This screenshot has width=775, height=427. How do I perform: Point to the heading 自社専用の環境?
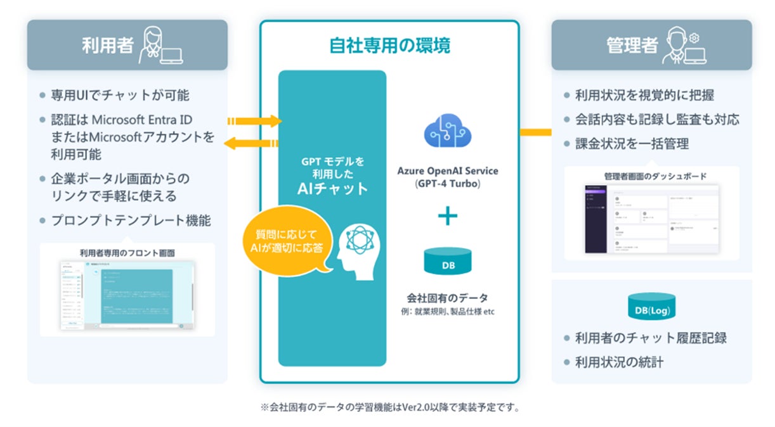point(389,46)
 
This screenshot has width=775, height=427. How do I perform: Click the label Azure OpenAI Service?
point(448,171)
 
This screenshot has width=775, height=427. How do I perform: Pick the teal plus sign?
point(448,217)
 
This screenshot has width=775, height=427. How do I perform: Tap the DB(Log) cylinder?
point(651,308)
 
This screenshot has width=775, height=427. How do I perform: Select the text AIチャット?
point(332,188)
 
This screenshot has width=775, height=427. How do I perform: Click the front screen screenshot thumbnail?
point(127,295)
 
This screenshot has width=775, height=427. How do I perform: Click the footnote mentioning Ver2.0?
point(389,407)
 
